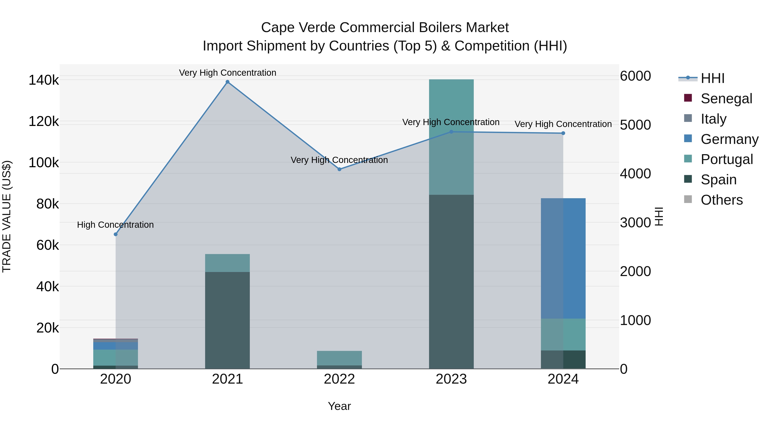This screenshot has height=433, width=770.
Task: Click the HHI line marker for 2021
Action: tap(228, 82)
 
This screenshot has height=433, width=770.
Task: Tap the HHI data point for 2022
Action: tap(339, 169)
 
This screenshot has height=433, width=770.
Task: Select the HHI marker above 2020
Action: tap(116, 234)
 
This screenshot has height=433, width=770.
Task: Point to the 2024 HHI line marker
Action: tap(563, 133)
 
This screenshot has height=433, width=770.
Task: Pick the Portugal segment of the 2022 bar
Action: tap(339, 358)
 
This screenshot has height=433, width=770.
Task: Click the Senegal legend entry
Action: tap(726, 99)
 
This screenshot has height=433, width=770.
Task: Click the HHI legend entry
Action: tap(712, 78)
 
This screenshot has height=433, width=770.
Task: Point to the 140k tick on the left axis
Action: tap(44, 80)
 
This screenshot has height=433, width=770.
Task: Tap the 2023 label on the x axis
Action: tap(451, 379)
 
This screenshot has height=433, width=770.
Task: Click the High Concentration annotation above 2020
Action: tap(115, 225)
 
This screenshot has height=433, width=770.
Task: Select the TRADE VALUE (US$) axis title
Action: tap(7, 216)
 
